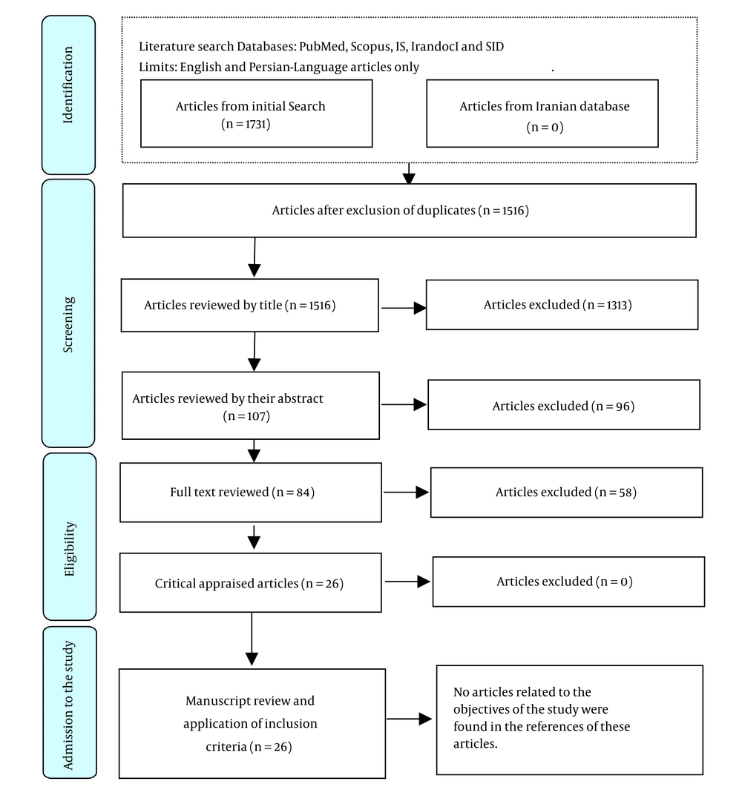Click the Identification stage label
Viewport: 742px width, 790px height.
68,85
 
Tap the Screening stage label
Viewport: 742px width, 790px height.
68,324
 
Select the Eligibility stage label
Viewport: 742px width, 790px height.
70,549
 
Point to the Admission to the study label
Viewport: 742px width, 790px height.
68,705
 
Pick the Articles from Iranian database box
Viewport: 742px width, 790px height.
542,113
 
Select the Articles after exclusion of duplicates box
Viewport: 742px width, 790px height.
410,210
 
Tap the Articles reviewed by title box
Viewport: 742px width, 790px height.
250,306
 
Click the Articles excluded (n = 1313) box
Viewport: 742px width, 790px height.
562,305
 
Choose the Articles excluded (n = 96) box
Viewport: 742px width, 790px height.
564,404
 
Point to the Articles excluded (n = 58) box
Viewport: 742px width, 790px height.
567,493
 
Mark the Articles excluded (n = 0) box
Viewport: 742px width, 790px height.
568,582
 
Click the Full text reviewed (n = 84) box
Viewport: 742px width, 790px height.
251,493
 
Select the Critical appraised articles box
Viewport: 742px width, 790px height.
251,582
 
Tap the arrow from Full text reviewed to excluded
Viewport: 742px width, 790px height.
407,493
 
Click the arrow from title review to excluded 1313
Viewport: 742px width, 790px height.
404,307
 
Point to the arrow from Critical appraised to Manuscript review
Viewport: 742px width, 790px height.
252,639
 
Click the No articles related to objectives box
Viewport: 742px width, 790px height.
570,720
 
